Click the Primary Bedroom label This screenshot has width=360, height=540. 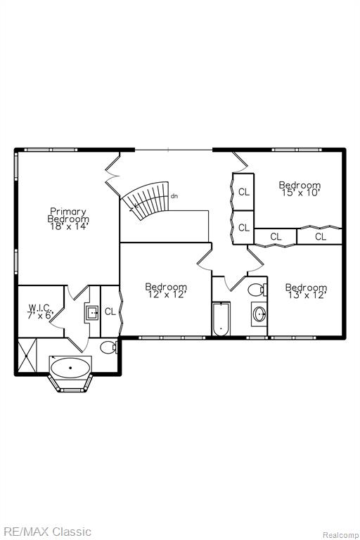(x=68, y=215)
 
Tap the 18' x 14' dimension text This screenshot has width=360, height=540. (x=69, y=226)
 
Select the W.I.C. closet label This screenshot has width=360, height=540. (x=40, y=307)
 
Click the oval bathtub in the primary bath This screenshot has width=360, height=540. (x=70, y=368)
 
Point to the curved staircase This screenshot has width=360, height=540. (x=146, y=199)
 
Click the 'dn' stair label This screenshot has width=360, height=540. (x=174, y=196)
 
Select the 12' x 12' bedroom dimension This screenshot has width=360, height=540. (x=167, y=295)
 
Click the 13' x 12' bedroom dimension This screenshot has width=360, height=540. (x=307, y=295)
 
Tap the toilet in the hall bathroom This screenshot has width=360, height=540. (x=257, y=289)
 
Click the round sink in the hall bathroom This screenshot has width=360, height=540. (x=259, y=314)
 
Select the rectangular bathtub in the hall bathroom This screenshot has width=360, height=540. (x=221, y=319)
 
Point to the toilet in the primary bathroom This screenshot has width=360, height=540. (x=109, y=347)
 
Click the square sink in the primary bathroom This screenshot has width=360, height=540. (x=92, y=313)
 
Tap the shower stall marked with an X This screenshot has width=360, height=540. (x=27, y=355)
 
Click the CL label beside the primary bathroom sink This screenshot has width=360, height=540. (x=110, y=311)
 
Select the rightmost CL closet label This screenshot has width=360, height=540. (x=321, y=236)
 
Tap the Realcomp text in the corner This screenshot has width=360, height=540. (x=340, y=535)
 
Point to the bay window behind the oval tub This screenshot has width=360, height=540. (x=70, y=382)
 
